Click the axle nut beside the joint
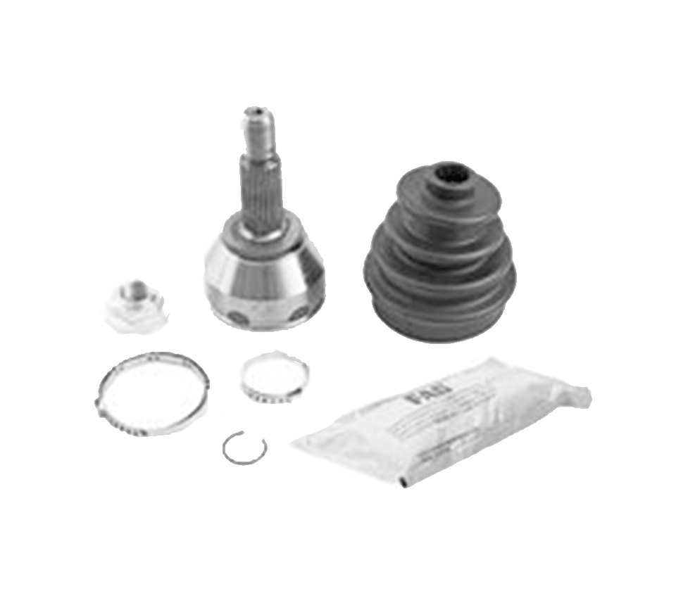(x=137, y=303)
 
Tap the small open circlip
(x=244, y=447)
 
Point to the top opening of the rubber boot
(x=451, y=173)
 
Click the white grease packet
(x=437, y=422)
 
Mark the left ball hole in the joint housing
(x=239, y=317)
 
